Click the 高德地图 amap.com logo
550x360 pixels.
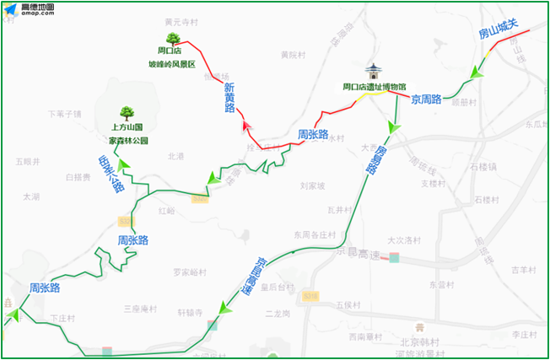(x=29, y=10)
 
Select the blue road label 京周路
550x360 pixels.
(x=427, y=99)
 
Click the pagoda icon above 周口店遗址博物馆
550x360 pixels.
(x=374, y=71)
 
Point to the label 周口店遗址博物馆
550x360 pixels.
(x=374, y=86)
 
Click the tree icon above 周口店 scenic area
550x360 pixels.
(x=171, y=38)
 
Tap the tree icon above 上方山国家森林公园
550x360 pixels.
(x=127, y=112)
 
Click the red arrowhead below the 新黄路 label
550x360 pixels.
(x=246, y=126)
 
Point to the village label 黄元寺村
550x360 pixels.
(x=181, y=21)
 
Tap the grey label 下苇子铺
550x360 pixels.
(x=64, y=113)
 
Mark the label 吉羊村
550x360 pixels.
(x=523, y=270)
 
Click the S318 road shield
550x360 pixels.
(x=310, y=296)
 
